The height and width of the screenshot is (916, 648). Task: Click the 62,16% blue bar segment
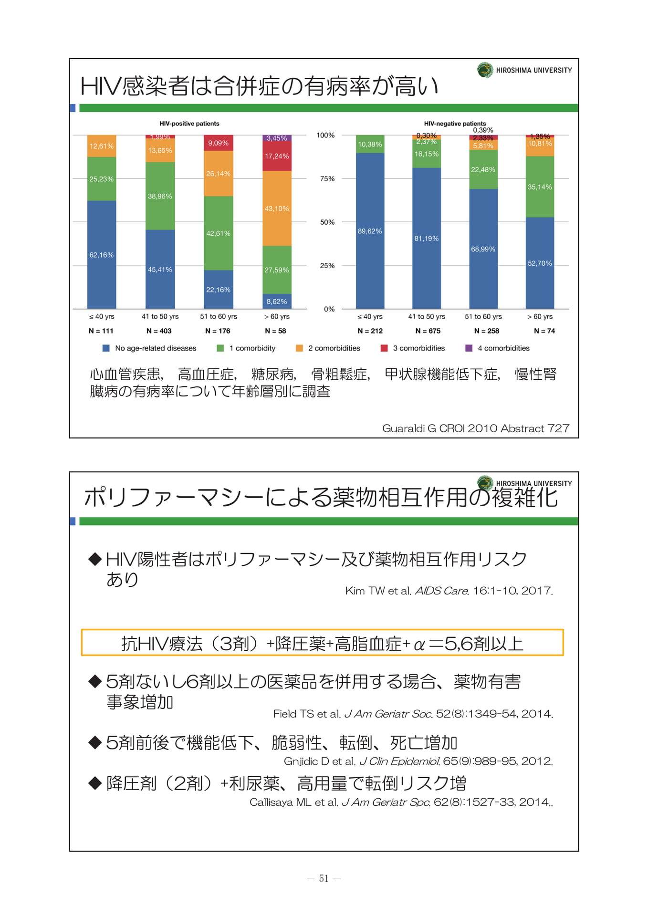click(x=102, y=255)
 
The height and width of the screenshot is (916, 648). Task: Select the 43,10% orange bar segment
click(x=277, y=208)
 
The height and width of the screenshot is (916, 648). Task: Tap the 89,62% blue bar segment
click(x=370, y=231)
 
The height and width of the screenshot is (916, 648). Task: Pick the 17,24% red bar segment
click(x=277, y=156)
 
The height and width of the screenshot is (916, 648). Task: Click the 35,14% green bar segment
click(x=540, y=187)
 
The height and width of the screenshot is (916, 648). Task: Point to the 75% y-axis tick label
click(x=327, y=179)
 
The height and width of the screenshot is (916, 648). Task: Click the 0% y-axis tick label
click(x=329, y=309)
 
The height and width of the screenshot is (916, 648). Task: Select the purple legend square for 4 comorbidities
click(x=469, y=348)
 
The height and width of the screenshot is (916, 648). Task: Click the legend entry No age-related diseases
click(x=149, y=348)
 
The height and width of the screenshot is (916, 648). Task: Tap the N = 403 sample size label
click(x=159, y=331)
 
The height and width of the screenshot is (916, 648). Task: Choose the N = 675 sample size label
click(x=428, y=331)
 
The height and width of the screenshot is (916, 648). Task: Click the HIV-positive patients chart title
click(x=189, y=124)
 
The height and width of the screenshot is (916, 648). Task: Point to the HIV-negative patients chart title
click(x=455, y=124)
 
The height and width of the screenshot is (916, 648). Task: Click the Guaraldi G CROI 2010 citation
click(x=476, y=428)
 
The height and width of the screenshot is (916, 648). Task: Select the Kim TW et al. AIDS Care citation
click(x=449, y=591)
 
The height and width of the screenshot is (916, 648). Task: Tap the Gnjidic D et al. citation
click(x=418, y=761)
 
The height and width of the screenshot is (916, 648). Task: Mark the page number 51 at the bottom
click(x=324, y=878)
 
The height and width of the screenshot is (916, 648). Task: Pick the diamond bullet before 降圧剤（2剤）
click(x=95, y=783)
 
